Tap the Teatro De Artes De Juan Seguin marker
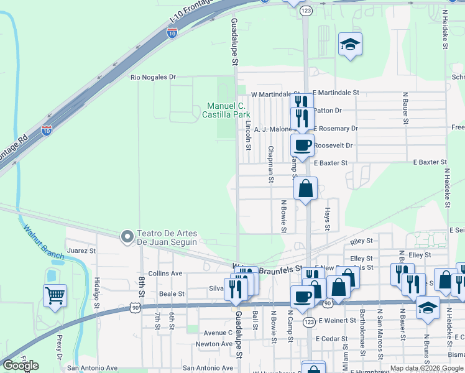(127, 236)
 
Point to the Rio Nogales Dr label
(153, 78)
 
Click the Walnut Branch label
(44, 241)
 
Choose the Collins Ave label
(165, 273)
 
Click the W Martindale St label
(271, 94)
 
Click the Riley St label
(361, 241)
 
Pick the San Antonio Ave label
(93, 368)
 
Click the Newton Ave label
(213, 344)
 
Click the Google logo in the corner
(20, 366)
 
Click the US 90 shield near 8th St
(135, 307)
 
